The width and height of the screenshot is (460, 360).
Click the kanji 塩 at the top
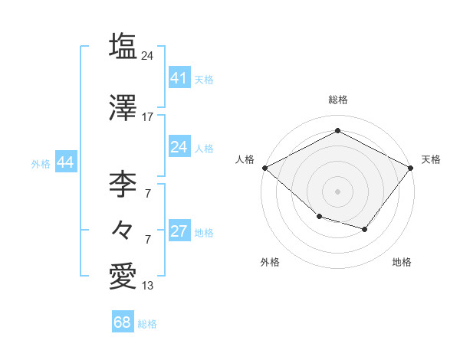click(x=123, y=47)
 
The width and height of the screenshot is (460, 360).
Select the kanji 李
click(x=123, y=184)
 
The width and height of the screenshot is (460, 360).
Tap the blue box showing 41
click(x=179, y=78)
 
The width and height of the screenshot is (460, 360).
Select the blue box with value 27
click(x=179, y=232)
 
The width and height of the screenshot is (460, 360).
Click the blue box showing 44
click(x=65, y=162)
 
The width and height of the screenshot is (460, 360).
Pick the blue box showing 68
click(x=123, y=322)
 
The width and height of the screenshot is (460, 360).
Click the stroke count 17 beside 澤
click(x=148, y=117)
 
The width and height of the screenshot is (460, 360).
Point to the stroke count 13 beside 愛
click(x=148, y=286)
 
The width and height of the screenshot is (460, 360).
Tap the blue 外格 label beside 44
click(x=41, y=163)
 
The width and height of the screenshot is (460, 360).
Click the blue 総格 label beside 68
click(x=147, y=324)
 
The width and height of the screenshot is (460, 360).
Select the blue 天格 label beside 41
click(x=204, y=79)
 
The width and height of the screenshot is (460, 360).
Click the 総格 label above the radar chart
click(x=338, y=100)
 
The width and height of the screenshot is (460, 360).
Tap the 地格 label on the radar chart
click(x=402, y=262)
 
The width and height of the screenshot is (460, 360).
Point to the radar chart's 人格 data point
click(x=264, y=168)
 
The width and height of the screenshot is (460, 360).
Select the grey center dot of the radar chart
click(x=338, y=191)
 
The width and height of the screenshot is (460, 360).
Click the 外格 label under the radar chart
click(x=270, y=262)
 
